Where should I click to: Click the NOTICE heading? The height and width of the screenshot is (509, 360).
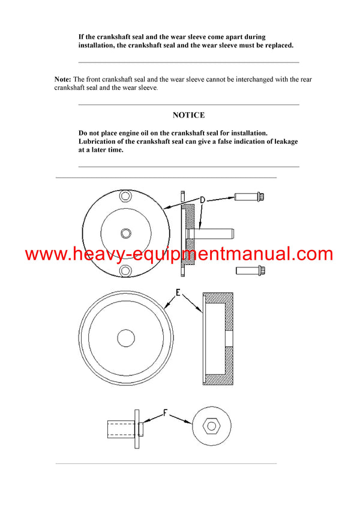[188, 115]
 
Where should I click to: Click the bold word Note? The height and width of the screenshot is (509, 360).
[62, 79]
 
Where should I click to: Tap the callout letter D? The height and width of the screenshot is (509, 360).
[203, 200]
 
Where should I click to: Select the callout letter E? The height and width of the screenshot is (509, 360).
[178, 294]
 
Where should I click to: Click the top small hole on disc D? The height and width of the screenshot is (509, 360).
[125, 196]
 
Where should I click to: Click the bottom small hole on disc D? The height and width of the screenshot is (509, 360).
[125, 270]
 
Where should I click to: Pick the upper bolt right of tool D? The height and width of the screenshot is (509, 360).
[250, 196]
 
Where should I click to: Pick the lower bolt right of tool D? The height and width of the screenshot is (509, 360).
[249, 271]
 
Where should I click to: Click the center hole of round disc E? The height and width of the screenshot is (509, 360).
[126, 338]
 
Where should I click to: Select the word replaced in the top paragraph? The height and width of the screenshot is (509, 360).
[275, 46]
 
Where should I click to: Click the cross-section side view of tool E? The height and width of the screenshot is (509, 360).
[218, 339]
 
